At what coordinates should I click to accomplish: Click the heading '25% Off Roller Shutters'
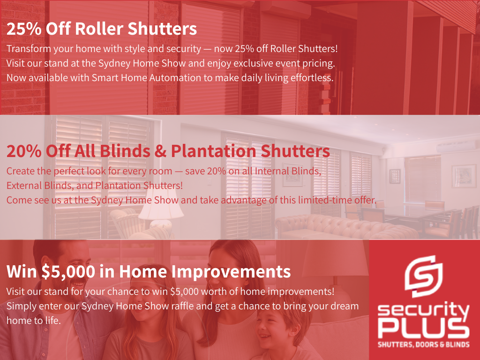click(102, 29)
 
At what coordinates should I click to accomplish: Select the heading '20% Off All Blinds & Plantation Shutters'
click(168, 151)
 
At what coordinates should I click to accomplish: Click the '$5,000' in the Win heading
click(68, 272)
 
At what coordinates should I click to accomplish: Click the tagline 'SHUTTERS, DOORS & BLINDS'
click(424, 345)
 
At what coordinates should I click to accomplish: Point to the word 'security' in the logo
click(424, 310)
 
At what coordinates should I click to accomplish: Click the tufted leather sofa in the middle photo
click(346, 227)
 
